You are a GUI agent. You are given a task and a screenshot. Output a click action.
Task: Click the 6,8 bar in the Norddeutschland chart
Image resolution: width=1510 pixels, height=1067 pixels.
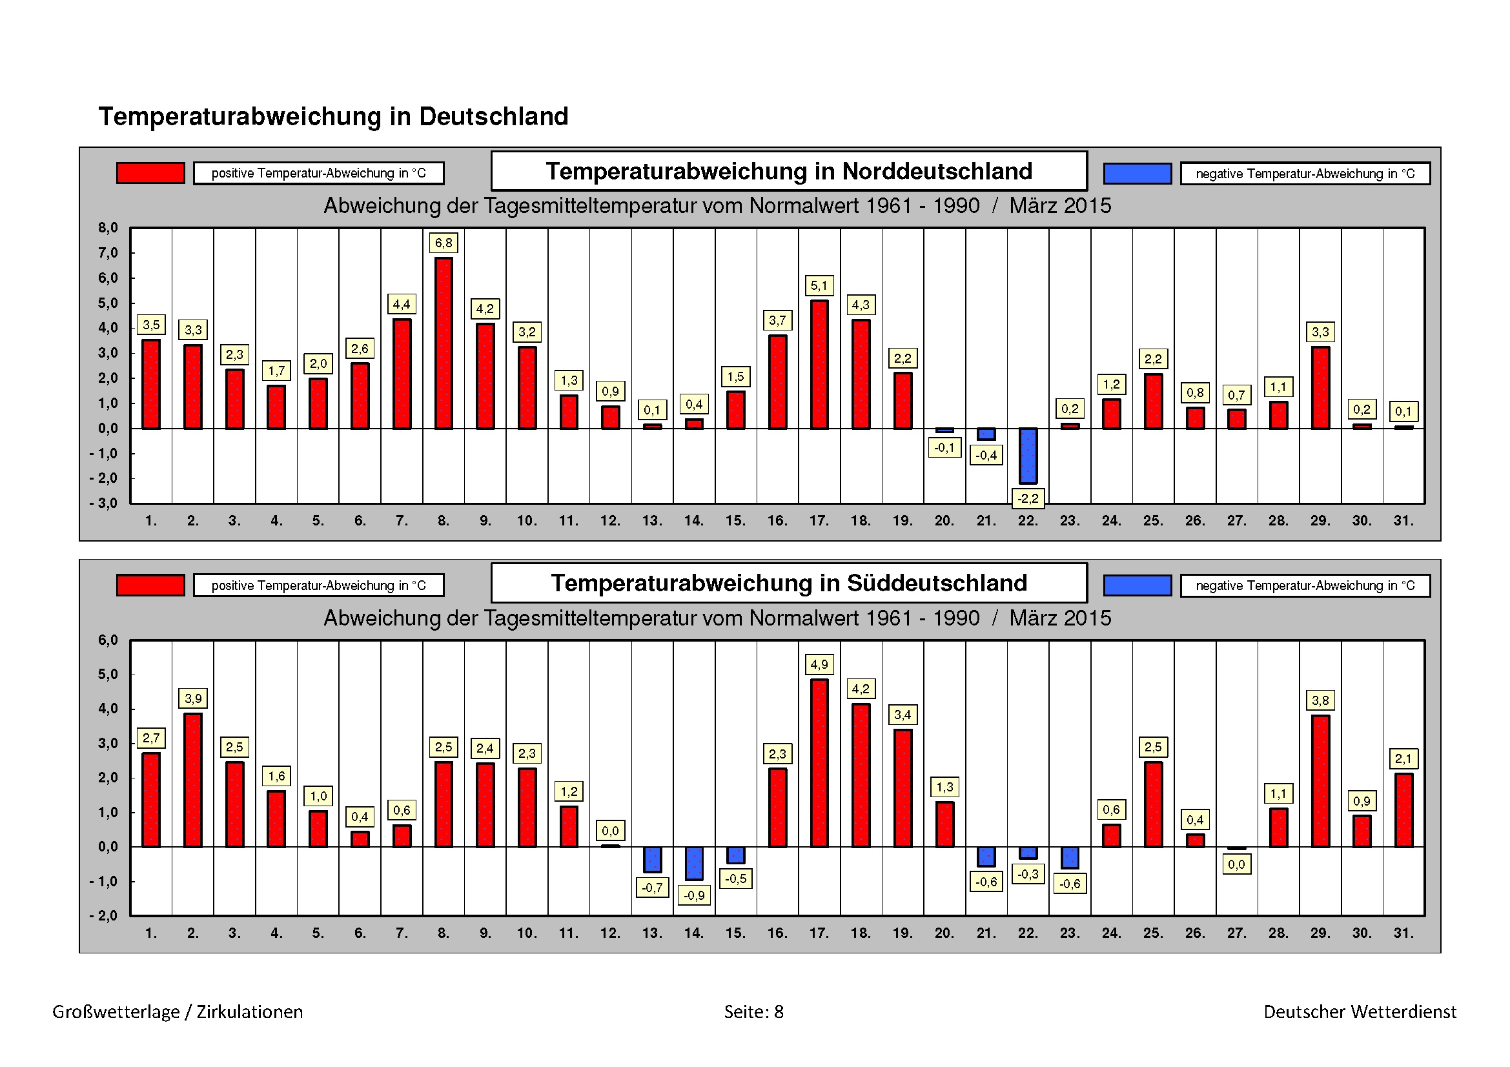(x=444, y=343)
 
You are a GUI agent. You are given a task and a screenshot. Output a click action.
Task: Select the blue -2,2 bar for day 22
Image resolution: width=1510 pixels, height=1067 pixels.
(x=1028, y=456)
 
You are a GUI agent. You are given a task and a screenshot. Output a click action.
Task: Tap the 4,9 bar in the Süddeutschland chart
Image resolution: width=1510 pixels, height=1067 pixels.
(x=819, y=762)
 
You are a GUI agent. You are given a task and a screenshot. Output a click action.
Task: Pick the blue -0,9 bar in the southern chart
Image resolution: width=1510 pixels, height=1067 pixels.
(x=694, y=863)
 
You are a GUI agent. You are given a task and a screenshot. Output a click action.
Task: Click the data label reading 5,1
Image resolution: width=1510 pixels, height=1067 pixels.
(x=819, y=285)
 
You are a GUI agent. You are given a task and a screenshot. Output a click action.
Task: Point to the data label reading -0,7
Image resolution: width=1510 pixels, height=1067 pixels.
(x=652, y=888)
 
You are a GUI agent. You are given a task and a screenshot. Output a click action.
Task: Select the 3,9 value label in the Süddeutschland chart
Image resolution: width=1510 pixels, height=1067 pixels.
(x=192, y=698)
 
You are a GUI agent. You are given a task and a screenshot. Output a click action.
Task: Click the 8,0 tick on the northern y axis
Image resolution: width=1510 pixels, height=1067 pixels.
(x=108, y=228)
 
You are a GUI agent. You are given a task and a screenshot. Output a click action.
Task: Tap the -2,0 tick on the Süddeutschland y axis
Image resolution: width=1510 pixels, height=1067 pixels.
(x=105, y=915)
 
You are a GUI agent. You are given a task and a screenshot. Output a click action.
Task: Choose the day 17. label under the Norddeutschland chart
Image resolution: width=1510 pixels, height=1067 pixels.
(x=819, y=521)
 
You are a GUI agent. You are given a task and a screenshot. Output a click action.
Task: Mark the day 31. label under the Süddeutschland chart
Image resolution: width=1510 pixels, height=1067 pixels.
(x=1403, y=933)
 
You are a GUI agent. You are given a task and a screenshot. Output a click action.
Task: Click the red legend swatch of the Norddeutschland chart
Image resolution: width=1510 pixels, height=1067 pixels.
(x=150, y=173)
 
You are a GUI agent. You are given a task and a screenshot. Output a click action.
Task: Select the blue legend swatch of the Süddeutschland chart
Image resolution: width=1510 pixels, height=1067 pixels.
(x=1137, y=585)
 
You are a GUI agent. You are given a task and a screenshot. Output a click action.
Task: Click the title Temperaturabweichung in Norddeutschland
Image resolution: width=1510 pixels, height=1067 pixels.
(x=788, y=171)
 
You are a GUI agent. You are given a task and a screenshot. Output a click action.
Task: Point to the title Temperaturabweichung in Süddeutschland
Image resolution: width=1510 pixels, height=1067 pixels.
(x=788, y=583)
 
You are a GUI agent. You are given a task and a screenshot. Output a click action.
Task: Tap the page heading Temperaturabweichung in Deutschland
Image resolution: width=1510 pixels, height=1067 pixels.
(x=333, y=116)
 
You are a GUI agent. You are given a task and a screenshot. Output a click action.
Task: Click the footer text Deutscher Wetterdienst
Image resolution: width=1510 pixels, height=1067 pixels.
(x=1360, y=1011)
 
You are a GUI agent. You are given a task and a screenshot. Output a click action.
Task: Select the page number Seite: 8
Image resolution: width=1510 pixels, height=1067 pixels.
(x=753, y=1011)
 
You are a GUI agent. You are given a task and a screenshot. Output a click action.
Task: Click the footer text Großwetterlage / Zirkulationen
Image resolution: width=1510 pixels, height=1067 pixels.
(x=178, y=1011)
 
